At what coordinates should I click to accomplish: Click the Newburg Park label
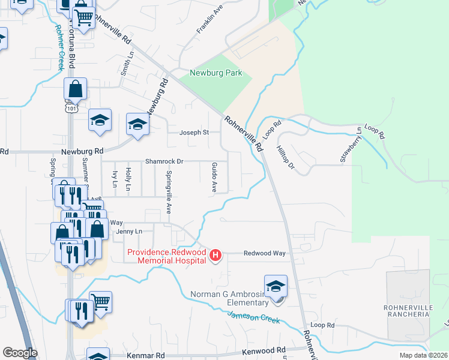tap(216, 73)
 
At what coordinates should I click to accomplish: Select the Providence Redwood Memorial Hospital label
tap(166, 257)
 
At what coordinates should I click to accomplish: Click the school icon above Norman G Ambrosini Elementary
tap(276, 286)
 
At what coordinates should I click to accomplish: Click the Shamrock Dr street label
tap(164, 162)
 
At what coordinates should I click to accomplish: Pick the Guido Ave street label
tap(214, 177)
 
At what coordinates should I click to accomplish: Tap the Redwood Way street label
tap(264, 254)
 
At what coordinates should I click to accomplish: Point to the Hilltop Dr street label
tap(286, 156)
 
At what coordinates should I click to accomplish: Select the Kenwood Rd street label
tap(264, 350)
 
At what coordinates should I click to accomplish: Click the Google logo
tap(20, 353)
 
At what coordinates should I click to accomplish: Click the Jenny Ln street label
tap(129, 231)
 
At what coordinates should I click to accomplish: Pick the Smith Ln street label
tap(127, 62)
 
